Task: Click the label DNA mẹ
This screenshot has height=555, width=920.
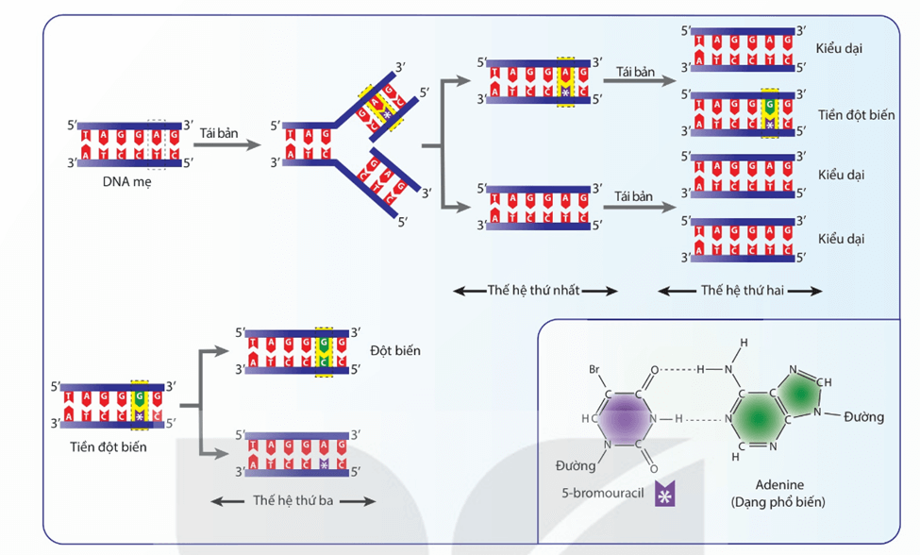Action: (x=126, y=182)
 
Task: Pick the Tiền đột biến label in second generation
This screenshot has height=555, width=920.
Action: (x=856, y=114)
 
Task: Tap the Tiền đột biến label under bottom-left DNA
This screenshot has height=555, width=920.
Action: (x=109, y=446)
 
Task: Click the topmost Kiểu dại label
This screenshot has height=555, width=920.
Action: (x=839, y=47)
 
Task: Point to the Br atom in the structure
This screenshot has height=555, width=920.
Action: (x=594, y=369)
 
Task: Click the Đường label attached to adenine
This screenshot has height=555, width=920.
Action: (x=863, y=416)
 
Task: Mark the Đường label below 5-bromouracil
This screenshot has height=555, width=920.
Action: (x=577, y=465)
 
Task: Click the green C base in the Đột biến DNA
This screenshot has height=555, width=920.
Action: (x=324, y=361)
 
